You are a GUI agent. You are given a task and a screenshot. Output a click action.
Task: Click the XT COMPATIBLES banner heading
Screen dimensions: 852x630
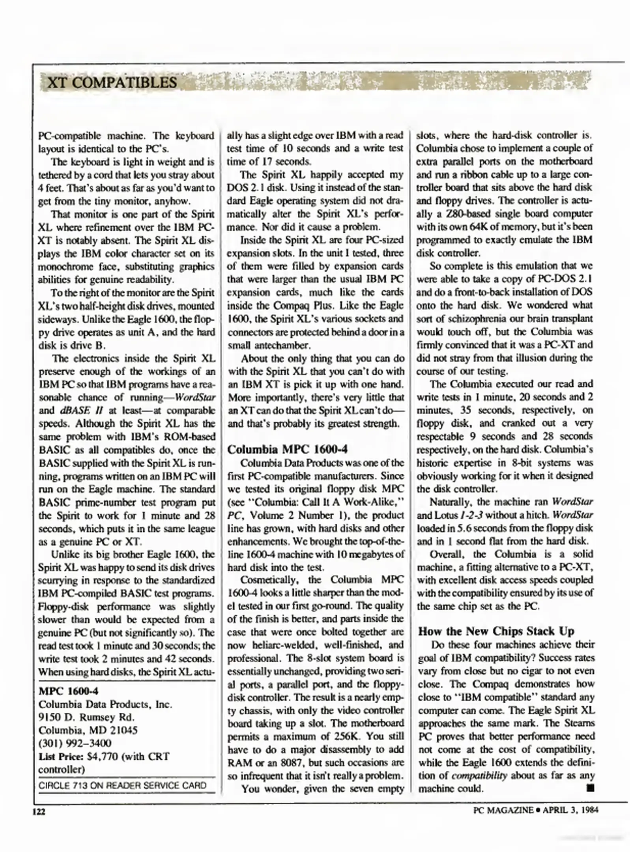pos(112,82)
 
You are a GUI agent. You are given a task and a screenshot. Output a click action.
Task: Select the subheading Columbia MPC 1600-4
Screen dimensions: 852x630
pos(288,449)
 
